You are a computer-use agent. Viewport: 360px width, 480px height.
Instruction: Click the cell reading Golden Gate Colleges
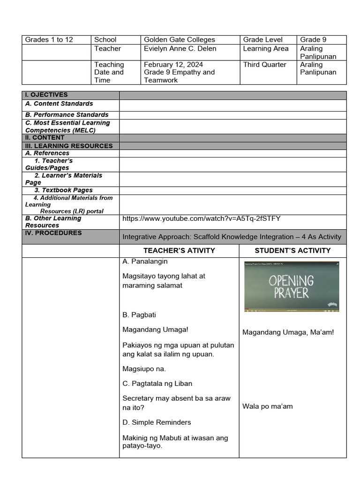[180, 40]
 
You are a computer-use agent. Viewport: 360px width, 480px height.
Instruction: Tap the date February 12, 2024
[173, 65]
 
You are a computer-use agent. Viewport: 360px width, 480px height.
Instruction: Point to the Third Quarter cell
[264, 65]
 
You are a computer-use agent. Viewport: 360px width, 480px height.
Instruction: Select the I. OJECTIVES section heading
[46, 95]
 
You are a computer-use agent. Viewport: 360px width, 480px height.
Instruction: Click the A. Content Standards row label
[59, 104]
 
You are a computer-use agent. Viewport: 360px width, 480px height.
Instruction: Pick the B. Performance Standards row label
[67, 115]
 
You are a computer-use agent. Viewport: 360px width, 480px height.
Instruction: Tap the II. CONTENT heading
[45, 138]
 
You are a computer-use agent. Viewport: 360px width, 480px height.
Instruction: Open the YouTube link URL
[201, 218]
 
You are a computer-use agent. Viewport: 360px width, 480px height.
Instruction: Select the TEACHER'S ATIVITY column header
[179, 251]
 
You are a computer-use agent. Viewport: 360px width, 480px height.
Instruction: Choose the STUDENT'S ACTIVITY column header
[292, 251]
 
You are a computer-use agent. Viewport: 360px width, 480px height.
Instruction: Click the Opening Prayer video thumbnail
[291, 286]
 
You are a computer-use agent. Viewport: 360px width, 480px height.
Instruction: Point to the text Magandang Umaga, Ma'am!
[288, 333]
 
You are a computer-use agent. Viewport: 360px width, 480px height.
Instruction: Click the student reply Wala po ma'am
[267, 406]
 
